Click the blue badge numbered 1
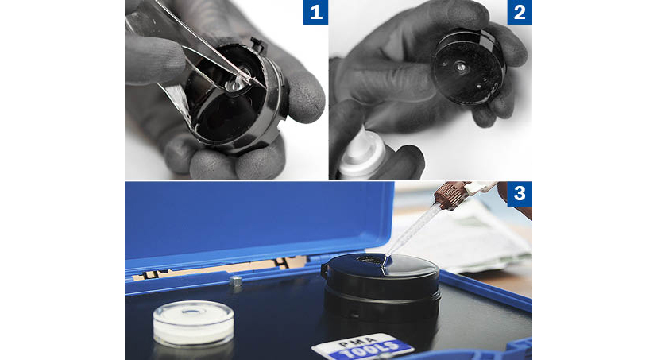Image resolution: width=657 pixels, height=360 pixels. click(x=315, y=13)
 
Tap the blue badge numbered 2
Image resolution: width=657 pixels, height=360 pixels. click(x=520, y=13)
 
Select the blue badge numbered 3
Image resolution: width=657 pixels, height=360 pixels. click(x=520, y=194)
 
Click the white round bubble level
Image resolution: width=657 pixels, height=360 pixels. click(x=194, y=323)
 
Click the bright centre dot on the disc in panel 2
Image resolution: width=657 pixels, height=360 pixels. click(x=461, y=67)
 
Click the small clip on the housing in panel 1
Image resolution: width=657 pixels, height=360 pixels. click(x=257, y=44)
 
